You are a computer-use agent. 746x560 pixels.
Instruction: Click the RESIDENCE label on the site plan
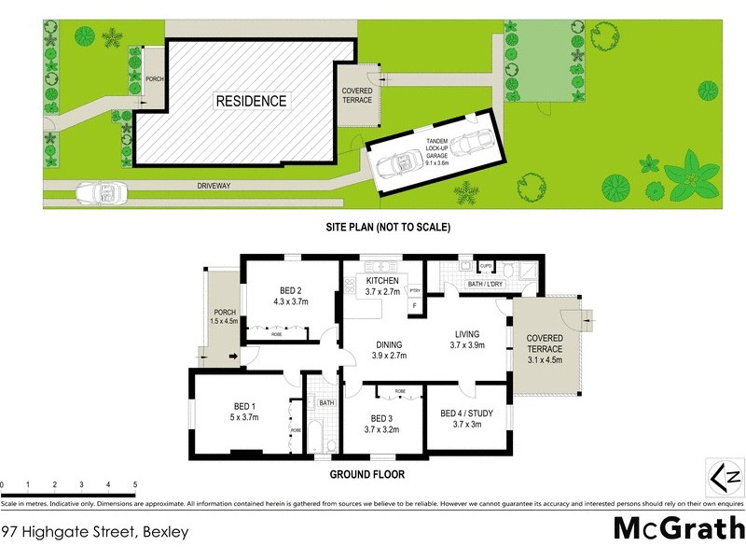(x=251, y=101)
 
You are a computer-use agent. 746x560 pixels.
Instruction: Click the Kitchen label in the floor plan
(x=382, y=281)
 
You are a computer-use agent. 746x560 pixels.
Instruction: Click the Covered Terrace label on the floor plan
(x=545, y=344)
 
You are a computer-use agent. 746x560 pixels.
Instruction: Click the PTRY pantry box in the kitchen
(x=415, y=291)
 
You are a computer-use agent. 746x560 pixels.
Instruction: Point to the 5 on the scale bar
(x=135, y=485)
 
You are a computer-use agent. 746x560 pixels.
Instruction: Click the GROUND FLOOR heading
(x=367, y=474)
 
